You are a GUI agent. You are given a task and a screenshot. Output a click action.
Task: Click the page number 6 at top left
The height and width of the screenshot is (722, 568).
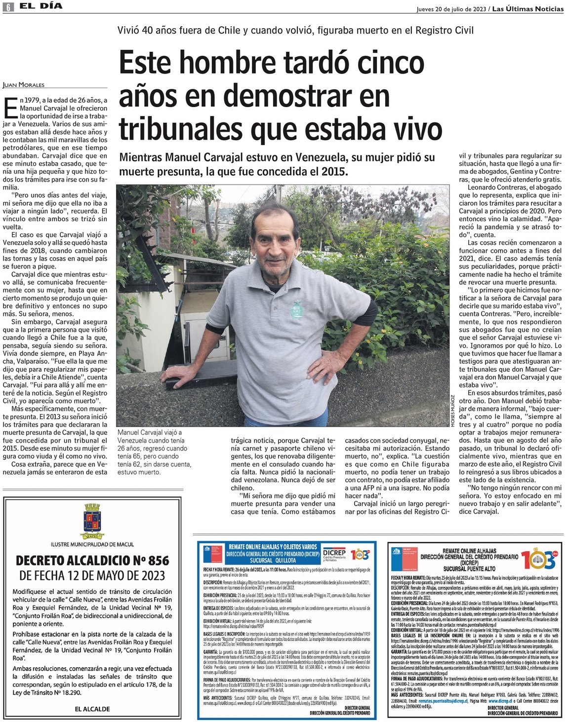8,7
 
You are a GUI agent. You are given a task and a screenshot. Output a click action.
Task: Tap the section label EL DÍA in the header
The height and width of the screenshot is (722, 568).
41,6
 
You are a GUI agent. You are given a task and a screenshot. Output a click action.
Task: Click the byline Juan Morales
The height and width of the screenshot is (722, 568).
24,85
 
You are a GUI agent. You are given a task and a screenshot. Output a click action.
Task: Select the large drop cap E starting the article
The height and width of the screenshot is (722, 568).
10,107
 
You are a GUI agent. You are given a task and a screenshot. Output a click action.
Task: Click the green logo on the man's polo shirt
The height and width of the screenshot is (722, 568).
296,309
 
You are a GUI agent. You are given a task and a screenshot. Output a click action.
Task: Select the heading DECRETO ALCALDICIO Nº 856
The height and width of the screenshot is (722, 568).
92,561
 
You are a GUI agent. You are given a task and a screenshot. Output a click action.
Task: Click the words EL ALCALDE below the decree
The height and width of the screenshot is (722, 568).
92,709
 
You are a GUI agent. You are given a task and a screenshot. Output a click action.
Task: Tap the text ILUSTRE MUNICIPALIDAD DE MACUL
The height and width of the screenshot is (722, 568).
92,544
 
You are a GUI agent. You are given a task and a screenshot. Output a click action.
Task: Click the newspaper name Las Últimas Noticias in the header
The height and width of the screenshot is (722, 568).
528,9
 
